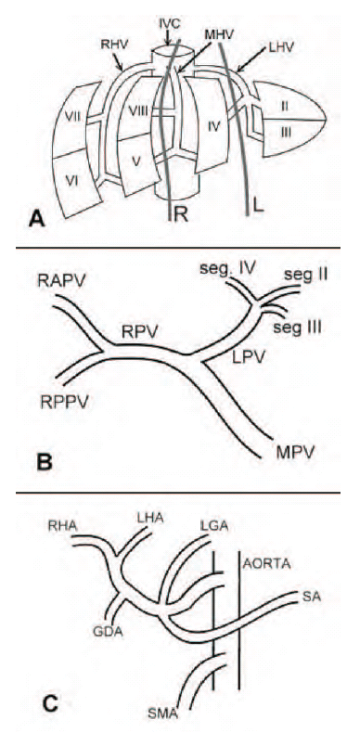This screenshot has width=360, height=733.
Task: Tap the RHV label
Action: [x=111, y=45]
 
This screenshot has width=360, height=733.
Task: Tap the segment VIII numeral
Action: [x=138, y=112]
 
